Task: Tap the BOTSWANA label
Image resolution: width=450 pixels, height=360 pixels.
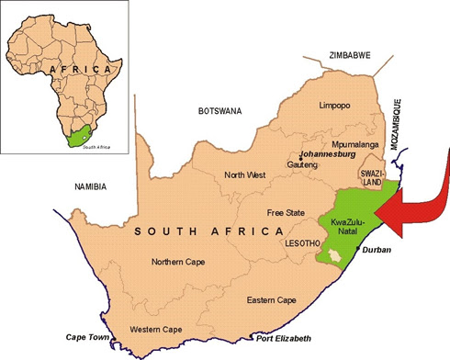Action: pyautogui.click(x=219, y=111)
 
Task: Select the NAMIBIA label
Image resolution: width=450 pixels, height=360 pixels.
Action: pyautogui.click(x=89, y=187)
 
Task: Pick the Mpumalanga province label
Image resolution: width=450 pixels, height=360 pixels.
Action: pyautogui.click(x=356, y=145)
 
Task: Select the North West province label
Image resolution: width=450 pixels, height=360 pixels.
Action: pyautogui.click(x=244, y=174)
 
